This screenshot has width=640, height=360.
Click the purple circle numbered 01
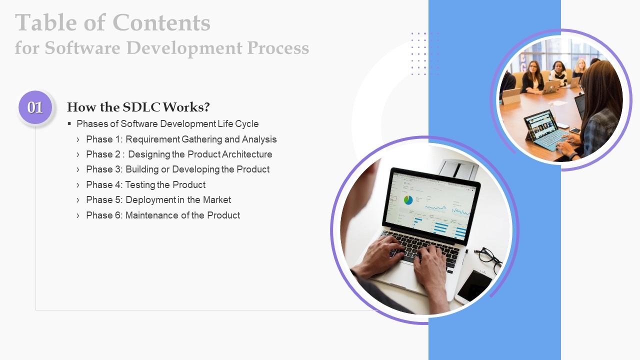35,107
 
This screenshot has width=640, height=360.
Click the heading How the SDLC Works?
138,107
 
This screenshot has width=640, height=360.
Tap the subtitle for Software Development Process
161,48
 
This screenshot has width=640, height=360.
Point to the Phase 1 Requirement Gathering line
181,139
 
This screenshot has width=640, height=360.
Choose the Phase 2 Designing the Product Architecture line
179,154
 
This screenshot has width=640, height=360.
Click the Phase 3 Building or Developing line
177,169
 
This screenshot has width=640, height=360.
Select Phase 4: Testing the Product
145,185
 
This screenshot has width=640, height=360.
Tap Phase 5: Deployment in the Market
158,200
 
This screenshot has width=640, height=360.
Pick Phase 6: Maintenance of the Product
163,215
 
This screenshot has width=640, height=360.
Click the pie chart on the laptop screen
408,200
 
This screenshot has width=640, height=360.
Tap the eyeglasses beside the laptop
487,257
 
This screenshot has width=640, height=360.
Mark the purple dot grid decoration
424,53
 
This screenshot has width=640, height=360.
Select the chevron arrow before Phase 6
78,215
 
